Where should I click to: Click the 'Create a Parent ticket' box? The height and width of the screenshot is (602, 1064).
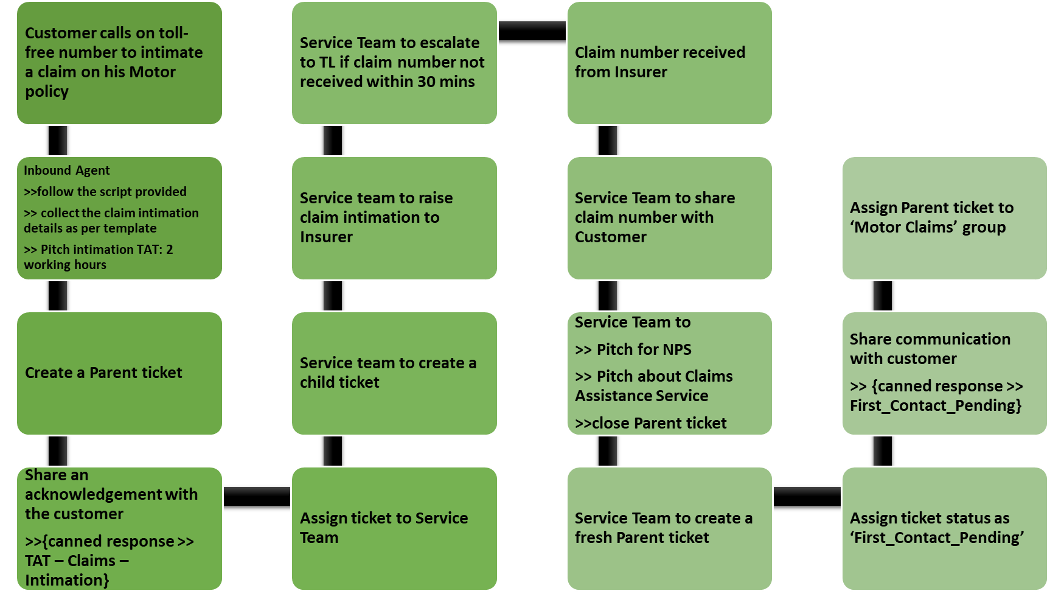119,373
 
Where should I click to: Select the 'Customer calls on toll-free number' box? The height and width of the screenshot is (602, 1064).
119,63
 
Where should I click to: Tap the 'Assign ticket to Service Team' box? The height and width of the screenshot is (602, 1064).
394,528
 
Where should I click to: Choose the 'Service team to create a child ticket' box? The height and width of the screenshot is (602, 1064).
394,373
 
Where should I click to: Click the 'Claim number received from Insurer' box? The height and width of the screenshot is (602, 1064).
670,63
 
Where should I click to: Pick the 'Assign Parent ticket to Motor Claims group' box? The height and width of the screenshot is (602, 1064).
945,218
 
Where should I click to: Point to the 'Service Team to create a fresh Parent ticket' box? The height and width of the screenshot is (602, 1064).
670,528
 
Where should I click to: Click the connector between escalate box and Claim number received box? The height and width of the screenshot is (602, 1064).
532,31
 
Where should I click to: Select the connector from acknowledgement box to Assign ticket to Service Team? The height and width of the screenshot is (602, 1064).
257,497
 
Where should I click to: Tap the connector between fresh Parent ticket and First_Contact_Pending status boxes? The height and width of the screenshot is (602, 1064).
807,497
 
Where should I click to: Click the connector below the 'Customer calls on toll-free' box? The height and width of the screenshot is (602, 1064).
58,141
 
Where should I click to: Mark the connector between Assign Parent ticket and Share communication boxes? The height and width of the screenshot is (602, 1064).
883,296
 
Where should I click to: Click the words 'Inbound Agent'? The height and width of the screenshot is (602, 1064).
67,170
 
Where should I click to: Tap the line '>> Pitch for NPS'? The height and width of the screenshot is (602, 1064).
633,349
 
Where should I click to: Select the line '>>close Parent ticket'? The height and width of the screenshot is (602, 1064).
651,423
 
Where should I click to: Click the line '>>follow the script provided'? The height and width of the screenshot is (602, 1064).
105,192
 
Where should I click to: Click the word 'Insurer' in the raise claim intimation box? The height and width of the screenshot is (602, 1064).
326,237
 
